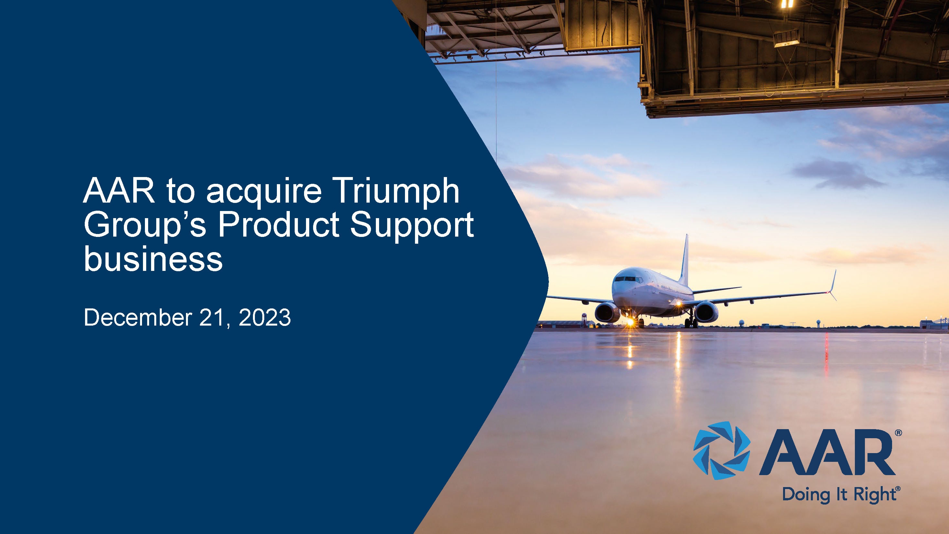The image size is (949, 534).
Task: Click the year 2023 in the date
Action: [x=265, y=317]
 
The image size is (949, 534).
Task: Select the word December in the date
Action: [x=138, y=317]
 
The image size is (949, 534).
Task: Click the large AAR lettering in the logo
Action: [x=827, y=452]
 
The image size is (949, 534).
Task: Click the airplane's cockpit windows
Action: [x=628, y=279]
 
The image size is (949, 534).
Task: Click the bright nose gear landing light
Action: [x=630, y=322]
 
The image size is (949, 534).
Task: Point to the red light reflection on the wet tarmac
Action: [x=826, y=352]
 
